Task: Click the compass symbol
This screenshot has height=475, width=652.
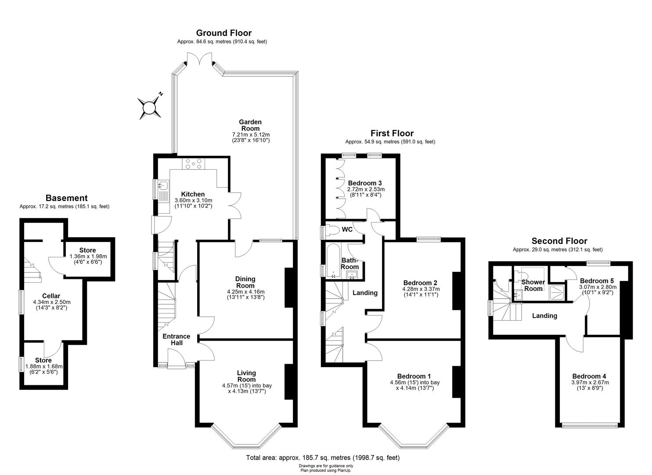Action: pos(150,107)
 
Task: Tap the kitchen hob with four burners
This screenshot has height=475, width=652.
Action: pos(194,164)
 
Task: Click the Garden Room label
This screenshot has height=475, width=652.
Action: pos(250,125)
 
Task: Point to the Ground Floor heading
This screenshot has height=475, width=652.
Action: pos(223,33)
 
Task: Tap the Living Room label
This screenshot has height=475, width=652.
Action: pos(246,376)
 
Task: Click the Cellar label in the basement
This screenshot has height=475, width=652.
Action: pos(51,296)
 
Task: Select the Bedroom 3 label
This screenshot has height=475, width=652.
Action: pos(364,183)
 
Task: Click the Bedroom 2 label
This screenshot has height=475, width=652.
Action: pos(420,283)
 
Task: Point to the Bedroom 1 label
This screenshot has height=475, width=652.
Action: pos(414,376)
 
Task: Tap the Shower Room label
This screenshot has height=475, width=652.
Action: pos(533,285)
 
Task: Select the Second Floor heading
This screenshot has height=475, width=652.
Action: pos(559,241)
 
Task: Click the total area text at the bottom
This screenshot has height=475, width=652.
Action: pos(323,457)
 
